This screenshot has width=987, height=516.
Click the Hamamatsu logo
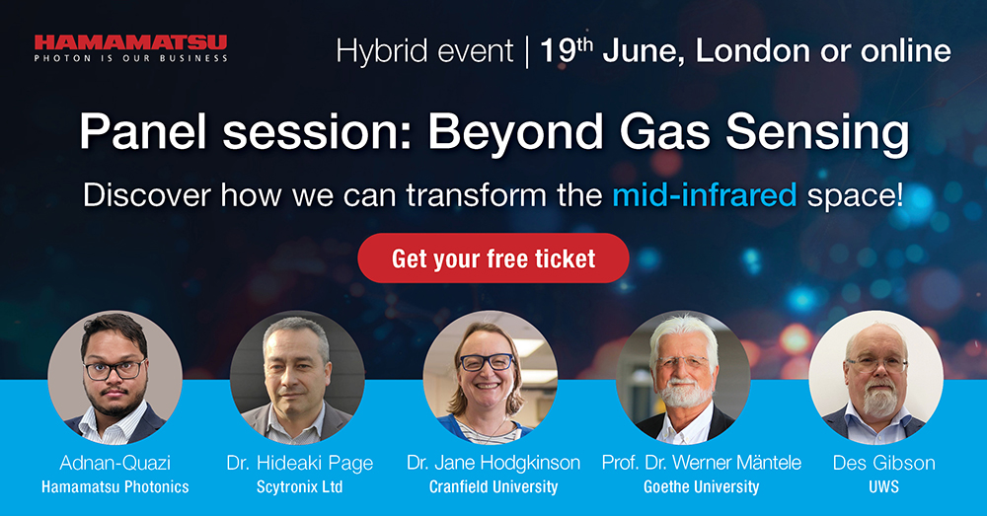(x=130, y=47)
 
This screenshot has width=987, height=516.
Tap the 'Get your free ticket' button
(x=493, y=258)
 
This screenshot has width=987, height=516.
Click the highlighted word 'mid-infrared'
(x=704, y=194)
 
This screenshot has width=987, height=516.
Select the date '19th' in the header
(x=567, y=51)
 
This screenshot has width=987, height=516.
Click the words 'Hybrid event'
(x=424, y=51)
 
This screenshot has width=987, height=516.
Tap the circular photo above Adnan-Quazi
(x=115, y=377)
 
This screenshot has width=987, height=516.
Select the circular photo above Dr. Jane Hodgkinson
(x=491, y=377)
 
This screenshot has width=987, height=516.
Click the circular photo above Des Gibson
(x=875, y=377)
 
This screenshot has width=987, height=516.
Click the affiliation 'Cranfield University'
(x=493, y=486)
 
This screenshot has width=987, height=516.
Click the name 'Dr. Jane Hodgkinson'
(x=493, y=463)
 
